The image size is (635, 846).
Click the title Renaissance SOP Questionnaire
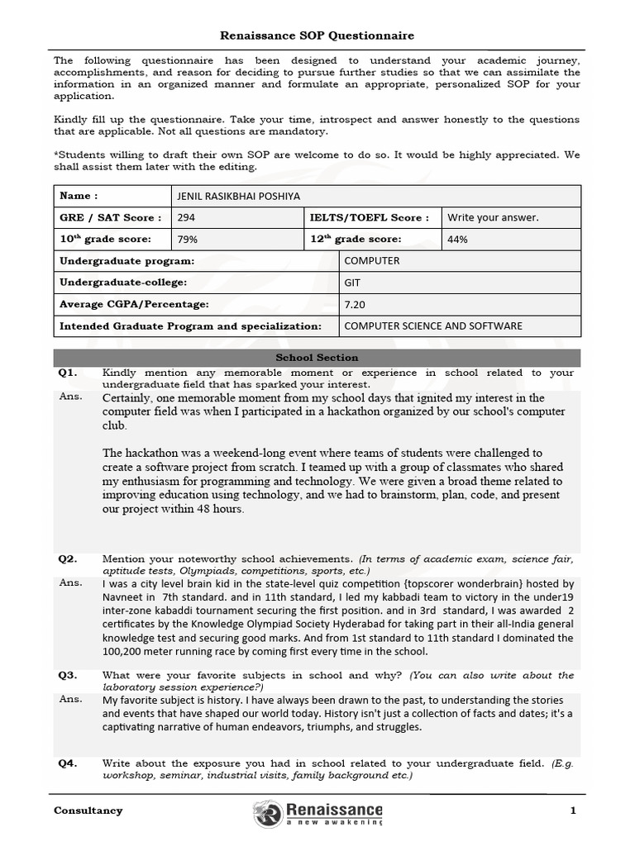[317, 36]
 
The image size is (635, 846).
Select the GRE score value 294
[186, 218]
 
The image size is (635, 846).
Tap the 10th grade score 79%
[188, 240]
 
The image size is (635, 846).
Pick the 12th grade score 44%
[457, 240]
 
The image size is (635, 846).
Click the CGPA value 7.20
[355, 304]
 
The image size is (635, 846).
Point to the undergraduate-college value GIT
[352, 283]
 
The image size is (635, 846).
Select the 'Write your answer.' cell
[493, 218]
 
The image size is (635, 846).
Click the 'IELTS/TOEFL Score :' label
[369, 218]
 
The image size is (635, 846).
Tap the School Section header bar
[317, 358]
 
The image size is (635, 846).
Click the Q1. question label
[68, 373]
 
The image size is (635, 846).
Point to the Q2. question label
[68, 559]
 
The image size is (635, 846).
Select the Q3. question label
[68, 675]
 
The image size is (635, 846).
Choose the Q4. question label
[68, 763]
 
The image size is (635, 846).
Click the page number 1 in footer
[572, 810]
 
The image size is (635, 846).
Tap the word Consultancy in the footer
[88, 810]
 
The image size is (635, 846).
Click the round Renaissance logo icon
[268, 814]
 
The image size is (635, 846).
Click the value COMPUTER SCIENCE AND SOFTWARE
[433, 326]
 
